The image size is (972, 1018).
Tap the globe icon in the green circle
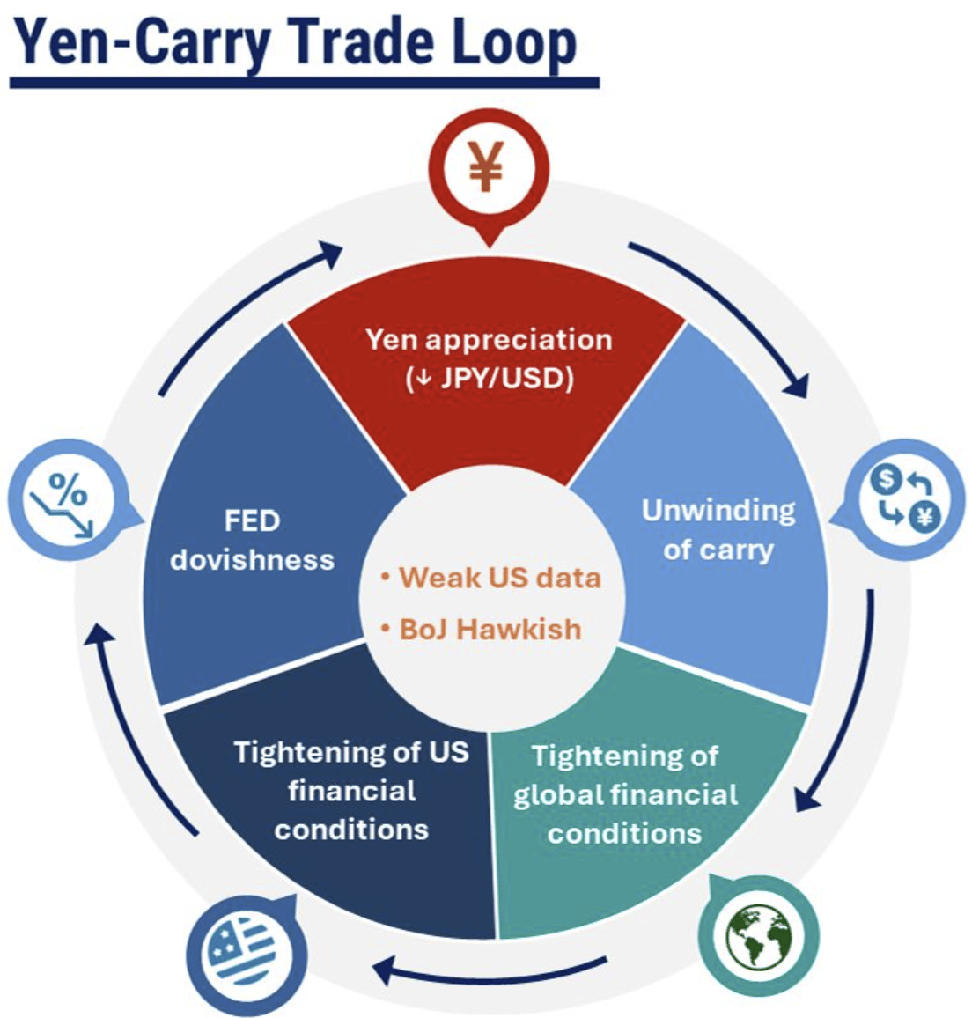pos(758,937)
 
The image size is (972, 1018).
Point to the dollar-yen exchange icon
pos(905,501)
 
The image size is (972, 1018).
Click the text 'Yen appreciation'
pos(489,340)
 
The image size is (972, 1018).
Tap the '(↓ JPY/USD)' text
pos(490,379)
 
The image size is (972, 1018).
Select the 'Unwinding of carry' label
pos(718,529)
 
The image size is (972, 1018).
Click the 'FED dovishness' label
pos(252,540)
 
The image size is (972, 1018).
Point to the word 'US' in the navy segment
pos(449,752)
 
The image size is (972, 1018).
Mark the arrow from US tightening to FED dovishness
pos(132,722)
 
